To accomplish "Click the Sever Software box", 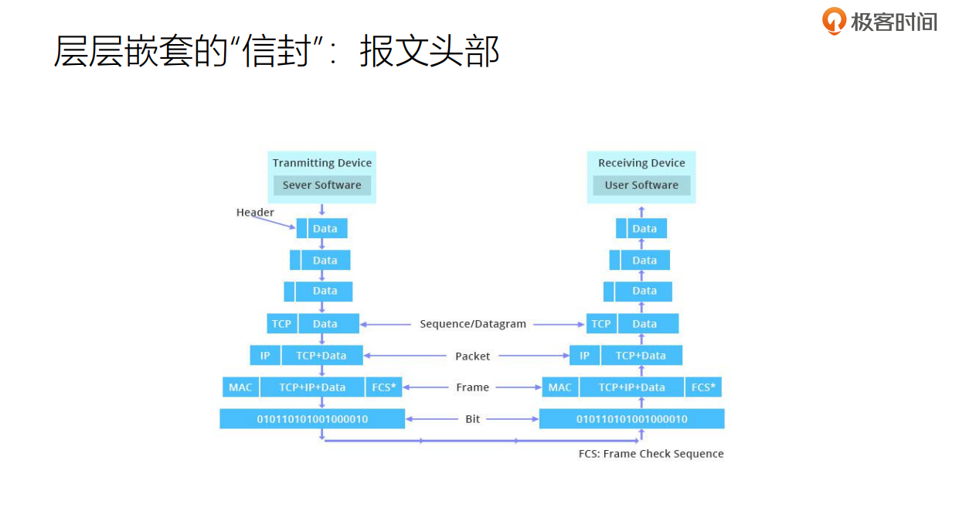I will tap(322, 186).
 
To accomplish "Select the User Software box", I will tap(641, 186).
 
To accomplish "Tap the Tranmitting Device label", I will tap(322, 163).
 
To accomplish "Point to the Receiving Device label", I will tap(641, 163).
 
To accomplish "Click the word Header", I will tap(255, 213).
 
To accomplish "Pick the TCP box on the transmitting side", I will tap(281, 324).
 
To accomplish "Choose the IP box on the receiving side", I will tap(584, 356).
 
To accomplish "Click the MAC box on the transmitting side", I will tap(240, 387).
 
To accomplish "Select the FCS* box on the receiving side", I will tap(703, 387).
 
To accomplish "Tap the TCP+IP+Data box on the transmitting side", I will tap(312, 387).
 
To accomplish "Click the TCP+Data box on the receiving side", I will tap(641, 356).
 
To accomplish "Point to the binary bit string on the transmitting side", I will tap(312, 419).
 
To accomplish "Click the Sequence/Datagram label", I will tap(473, 324).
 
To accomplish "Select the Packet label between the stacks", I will tap(473, 356).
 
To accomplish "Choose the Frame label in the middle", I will tap(473, 387).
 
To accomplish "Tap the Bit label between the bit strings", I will tap(473, 419).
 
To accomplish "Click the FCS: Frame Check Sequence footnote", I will tap(651, 454).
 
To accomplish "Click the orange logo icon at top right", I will tap(834, 21).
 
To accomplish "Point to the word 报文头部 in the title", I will tap(430, 52).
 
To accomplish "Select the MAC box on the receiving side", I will tap(559, 387).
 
